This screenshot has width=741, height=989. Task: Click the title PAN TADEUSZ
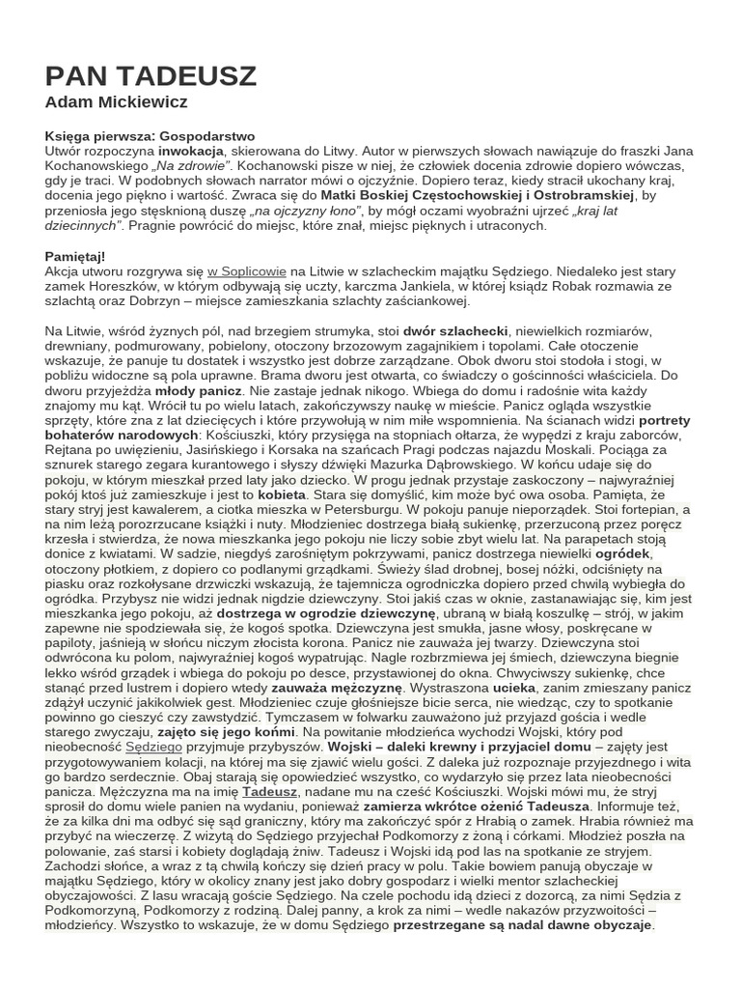point(151,76)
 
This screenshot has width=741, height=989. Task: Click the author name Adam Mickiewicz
point(116,102)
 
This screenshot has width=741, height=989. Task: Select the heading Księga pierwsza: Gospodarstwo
point(150,136)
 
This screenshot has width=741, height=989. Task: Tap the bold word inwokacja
point(191,152)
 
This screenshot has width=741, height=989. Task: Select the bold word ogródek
point(623,553)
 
